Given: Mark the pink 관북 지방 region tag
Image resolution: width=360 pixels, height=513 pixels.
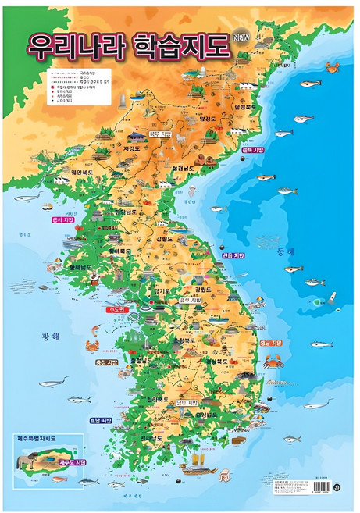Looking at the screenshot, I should coord(254,151).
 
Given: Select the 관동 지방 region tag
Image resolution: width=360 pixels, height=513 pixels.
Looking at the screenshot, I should coord(233,255).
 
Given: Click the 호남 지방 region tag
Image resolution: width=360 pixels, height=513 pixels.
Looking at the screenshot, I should coord(101,419).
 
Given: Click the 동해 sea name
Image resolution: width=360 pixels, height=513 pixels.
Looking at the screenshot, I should coord(285,251).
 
